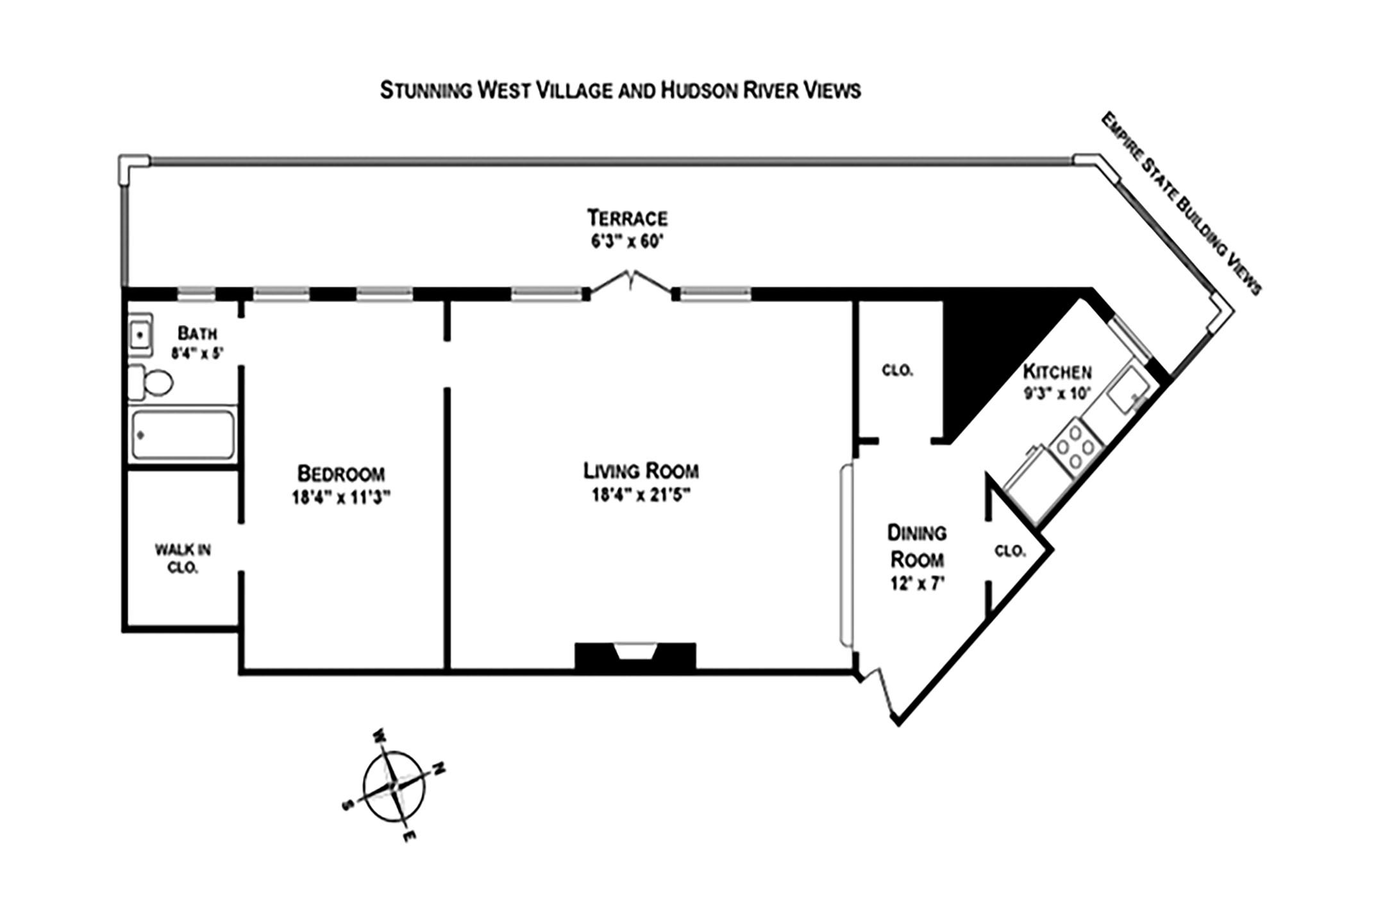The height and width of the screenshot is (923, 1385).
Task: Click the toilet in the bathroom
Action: [151, 383]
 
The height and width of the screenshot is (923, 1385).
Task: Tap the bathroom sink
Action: [140, 334]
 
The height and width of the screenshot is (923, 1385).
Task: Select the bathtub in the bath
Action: [182, 435]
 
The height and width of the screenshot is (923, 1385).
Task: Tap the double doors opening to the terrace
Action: [632, 283]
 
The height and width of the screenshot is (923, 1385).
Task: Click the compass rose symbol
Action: [393, 785]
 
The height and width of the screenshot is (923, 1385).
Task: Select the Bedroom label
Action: [341, 474]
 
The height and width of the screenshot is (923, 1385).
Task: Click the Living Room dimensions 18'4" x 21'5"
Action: [641, 495]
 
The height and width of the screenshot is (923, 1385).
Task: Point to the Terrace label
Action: [627, 218]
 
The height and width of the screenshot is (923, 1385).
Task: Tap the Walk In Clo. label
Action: [183, 558]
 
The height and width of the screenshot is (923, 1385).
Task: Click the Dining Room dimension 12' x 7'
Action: [918, 585]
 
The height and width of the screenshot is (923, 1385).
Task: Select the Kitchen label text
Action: [1057, 371]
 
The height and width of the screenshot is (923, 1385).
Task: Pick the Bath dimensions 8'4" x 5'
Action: [197, 353]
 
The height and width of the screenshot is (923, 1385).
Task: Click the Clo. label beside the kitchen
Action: [897, 370]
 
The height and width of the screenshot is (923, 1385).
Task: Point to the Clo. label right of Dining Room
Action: [1010, 551]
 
